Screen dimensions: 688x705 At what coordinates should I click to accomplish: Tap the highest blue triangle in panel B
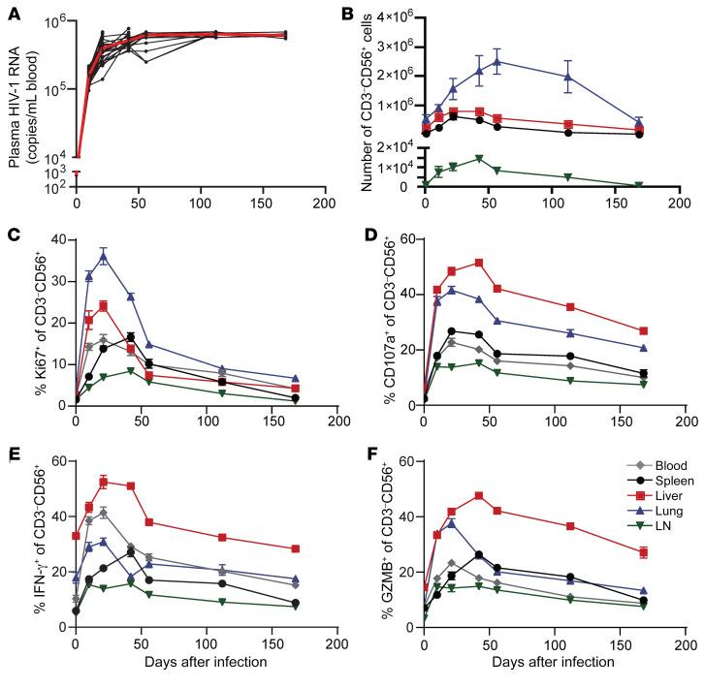(x=497, y=62)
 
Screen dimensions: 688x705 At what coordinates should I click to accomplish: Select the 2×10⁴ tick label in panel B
(x=397, y=145)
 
